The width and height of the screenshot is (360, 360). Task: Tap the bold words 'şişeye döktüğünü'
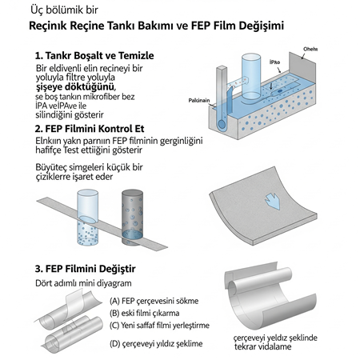tap(75, 87)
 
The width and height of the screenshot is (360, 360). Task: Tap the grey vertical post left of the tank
tap(222, 114)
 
